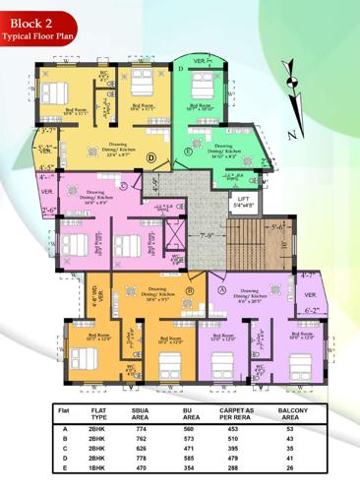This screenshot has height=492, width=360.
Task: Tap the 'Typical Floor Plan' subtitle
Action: pos(39,34)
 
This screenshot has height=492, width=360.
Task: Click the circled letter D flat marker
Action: pos(151,157)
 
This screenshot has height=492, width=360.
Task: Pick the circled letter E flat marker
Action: pos(188,152)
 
